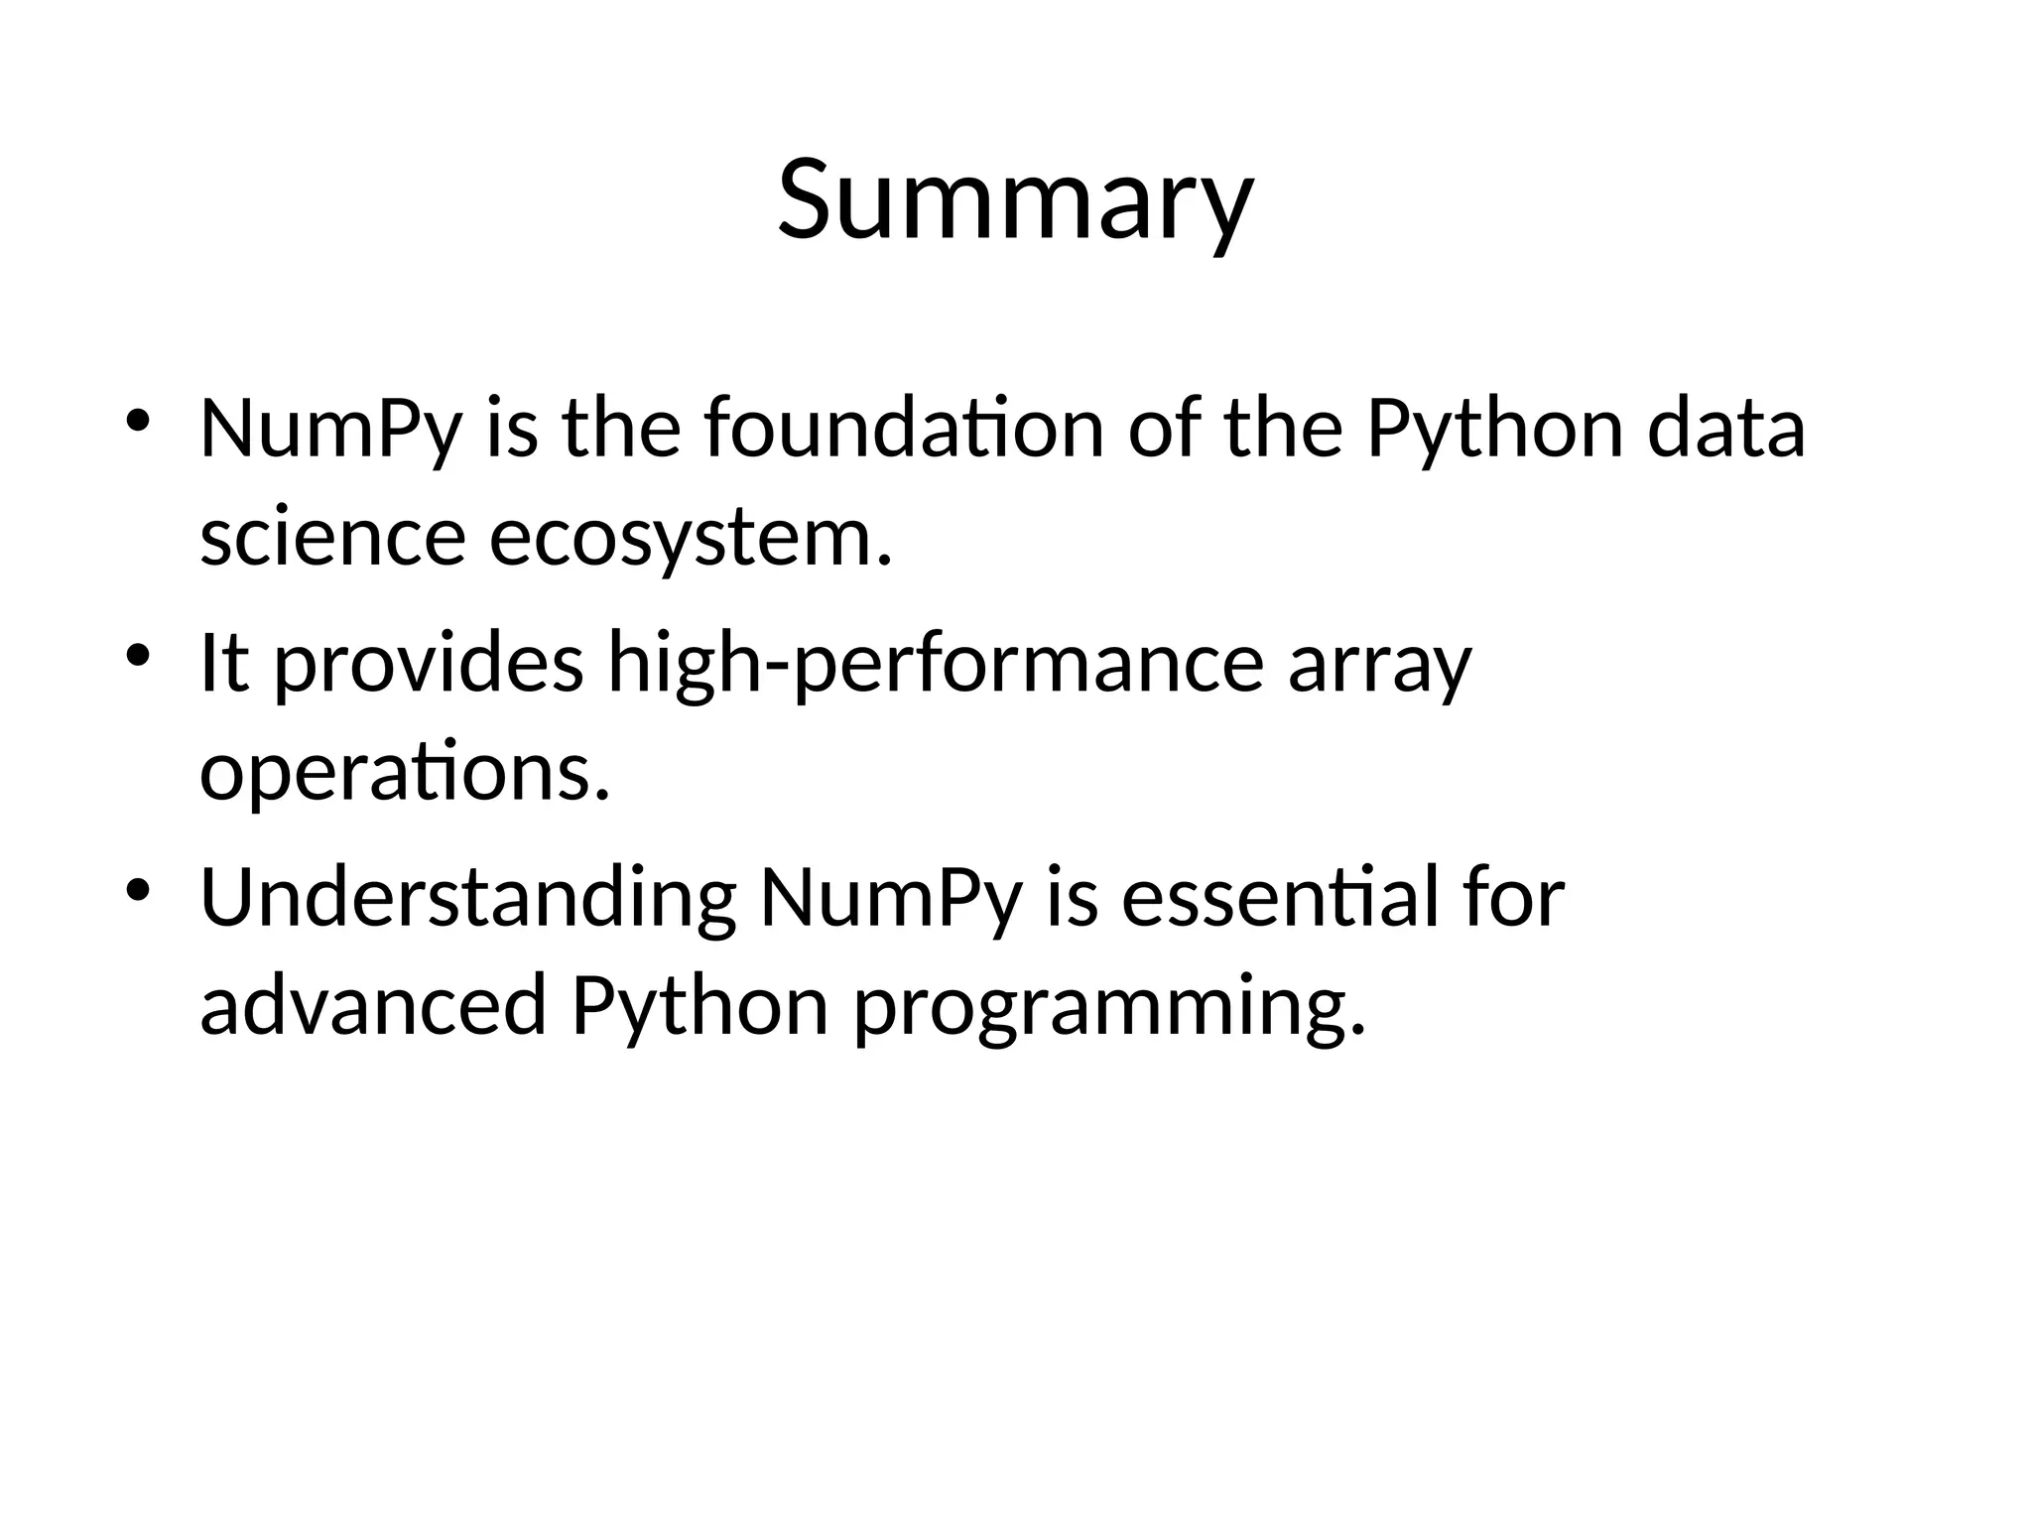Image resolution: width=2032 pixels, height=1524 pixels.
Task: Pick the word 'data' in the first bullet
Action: coord(1725,429)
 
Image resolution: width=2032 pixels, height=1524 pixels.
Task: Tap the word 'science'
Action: coord(332,537)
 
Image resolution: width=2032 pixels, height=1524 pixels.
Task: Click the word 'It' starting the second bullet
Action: coord(224,663)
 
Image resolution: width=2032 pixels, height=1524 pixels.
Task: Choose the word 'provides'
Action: coord(429,663)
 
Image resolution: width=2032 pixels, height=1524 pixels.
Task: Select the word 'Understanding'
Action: coord(467,898)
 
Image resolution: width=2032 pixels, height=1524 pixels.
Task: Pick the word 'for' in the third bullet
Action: coord(1514,898)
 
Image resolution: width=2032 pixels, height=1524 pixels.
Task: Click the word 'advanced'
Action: coord(374,1005)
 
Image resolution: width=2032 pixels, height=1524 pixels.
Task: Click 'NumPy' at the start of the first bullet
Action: coord(330,429)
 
